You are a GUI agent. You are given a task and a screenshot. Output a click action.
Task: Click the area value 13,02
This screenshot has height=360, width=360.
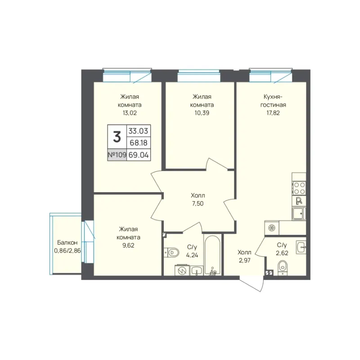tap(130, 113)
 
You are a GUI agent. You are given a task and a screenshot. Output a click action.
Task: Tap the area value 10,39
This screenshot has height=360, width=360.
tap(202, 113)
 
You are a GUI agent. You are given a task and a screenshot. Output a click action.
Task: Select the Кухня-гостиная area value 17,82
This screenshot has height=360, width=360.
tap(273, 113)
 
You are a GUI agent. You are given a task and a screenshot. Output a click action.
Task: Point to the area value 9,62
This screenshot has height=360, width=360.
tap(128, 245)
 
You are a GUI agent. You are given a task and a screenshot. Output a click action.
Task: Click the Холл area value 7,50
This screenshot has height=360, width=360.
tap(198, 204)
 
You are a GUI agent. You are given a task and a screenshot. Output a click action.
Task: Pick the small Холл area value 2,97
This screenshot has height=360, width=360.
tap(244, 261)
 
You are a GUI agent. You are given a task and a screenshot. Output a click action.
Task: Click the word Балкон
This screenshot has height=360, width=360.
tap(67, 243)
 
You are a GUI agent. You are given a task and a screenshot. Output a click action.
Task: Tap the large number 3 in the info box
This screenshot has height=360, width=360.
tap(117, 137)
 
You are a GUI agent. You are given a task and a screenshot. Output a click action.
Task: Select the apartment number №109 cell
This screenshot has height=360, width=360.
tap(117, 155)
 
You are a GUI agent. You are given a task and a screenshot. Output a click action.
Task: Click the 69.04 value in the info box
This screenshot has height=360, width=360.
tap(139, 155)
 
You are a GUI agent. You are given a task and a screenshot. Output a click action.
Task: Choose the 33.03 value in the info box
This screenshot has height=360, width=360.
tap(138, 131)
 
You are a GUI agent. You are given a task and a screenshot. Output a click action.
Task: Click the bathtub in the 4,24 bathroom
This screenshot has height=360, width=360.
tap(212, 255)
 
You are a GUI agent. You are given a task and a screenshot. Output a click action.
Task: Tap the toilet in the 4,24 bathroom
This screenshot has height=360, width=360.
tap(171, 252)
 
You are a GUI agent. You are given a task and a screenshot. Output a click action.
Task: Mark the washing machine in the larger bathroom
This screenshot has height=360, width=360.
tap(182, 270)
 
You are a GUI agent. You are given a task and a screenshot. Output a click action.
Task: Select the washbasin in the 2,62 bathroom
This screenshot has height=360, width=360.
tap(301, 247)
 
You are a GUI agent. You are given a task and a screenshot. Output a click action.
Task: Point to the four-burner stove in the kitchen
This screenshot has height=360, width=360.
tap(299, 188)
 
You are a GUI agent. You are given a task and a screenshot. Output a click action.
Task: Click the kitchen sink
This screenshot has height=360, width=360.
tap(299, 213)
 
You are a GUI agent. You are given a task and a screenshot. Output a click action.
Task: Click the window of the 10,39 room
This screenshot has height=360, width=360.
tap(199, 76)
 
